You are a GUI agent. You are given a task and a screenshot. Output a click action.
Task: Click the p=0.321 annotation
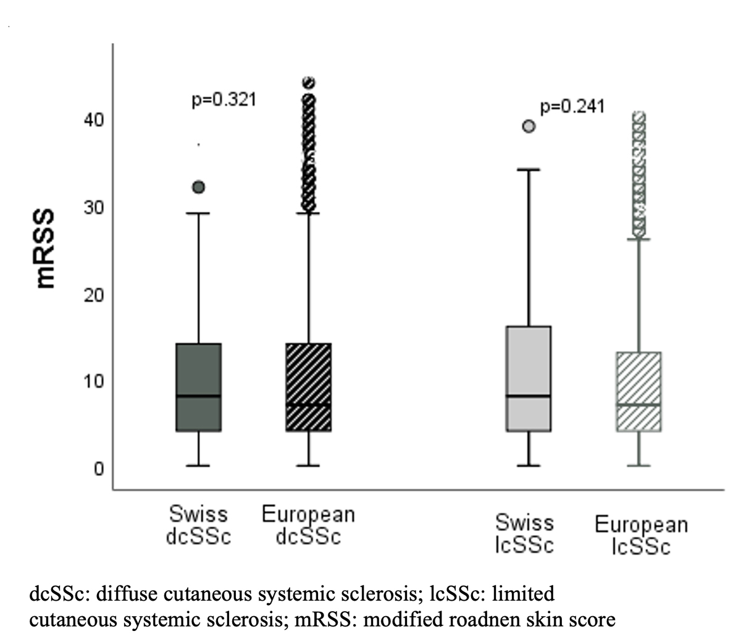(x=224, y=99)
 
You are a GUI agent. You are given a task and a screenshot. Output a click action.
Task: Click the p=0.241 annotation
(x=572, y=107)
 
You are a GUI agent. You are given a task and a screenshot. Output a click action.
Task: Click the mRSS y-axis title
(x=47, y=249)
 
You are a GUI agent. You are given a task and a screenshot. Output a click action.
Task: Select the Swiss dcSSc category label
(x=198, y=525)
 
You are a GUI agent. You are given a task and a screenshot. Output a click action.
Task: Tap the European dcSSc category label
(x=308, y=525)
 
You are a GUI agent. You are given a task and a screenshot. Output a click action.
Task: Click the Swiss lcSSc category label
(x=524, y=534)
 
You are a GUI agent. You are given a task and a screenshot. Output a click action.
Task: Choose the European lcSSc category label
(x=641, y=536)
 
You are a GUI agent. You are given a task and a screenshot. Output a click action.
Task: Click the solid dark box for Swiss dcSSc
(x=199, y=387)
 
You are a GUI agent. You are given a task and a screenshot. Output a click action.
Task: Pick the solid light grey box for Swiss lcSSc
(x=529, y=378)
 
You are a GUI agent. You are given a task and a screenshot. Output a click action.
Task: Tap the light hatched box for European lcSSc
(x=638, y=391)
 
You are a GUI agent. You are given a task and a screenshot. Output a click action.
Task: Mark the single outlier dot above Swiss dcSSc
(x=199, y=187)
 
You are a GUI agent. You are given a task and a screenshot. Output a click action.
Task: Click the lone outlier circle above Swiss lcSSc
(x=529, y=126)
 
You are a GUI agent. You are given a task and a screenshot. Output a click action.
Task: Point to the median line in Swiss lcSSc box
(x=529, y=396)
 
